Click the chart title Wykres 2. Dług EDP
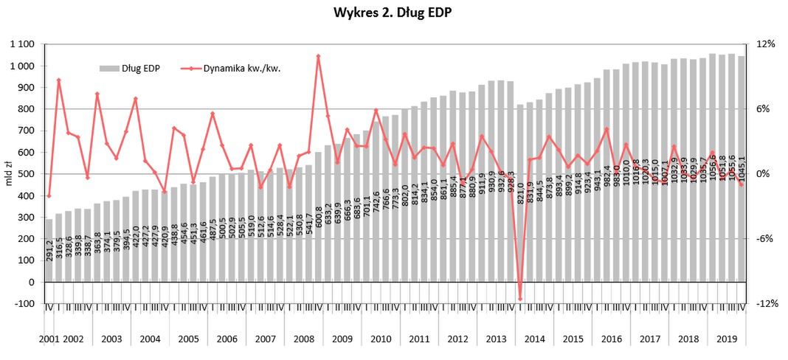click(393, 13)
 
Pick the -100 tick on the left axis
click(25, 304)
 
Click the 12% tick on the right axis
click(766, 45)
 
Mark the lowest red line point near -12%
click(519, 300)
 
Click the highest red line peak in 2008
click(318, 56)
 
